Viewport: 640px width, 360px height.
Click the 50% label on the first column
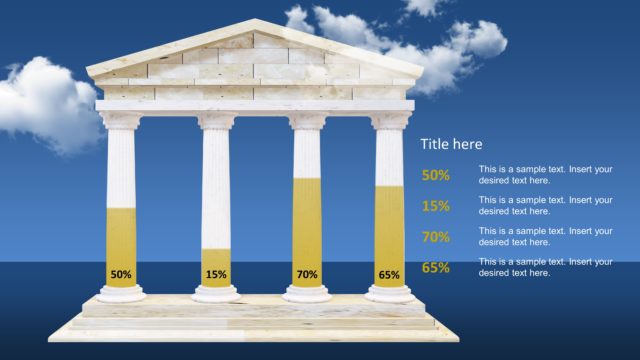[x=121, y=274]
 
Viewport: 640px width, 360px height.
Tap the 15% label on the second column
[x=216, y=274]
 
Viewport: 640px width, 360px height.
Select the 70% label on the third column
[x=307, y=274]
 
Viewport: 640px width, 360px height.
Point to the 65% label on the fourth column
[x=389, y=274]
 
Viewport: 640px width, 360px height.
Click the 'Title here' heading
[x=451, y=144]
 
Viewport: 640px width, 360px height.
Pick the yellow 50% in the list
[x=436, y=175]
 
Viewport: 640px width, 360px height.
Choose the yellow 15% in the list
[x=436, y=206]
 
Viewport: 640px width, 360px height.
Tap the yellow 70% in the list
[x=436, y=237]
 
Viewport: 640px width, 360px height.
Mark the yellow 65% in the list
[x=436, y=267]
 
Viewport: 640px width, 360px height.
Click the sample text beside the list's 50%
[x=545, y=175]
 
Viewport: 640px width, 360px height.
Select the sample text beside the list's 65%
[x=545, y=267]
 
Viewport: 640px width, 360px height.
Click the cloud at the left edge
[x=40, y=105]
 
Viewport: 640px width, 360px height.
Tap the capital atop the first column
[x=121, y=121]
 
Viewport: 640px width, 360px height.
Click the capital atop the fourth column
[x=390, y=121]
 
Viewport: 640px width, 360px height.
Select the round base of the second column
[x=216, y=293]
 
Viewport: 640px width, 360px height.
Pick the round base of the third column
[x=307, y=293]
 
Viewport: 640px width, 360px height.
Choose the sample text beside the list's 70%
[x=545, y=237]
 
